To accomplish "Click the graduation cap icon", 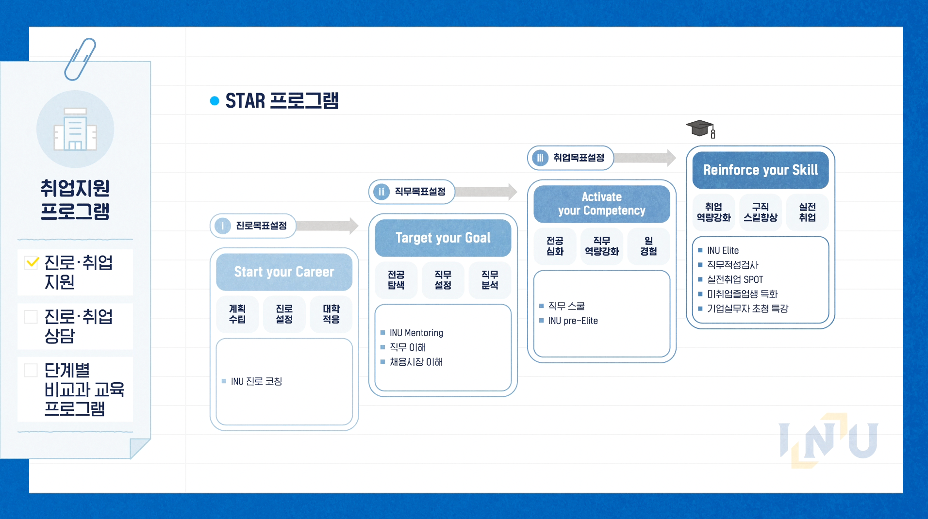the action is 700,129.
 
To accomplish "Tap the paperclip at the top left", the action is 80,59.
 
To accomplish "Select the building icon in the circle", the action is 75,129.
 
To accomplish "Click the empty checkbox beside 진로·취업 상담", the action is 31,317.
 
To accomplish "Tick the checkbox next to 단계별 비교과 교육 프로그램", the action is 31,370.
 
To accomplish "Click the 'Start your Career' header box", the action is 284,272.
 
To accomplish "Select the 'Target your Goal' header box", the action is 443,238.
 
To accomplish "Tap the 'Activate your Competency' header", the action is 601,204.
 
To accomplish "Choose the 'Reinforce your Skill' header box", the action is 760,170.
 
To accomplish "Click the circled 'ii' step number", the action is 381,192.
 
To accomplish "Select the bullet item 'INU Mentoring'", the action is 416,333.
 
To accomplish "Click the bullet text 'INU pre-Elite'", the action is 573,321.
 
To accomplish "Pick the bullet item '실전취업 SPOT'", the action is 735,279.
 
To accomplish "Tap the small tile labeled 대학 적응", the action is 331,314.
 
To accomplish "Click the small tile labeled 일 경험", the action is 648,246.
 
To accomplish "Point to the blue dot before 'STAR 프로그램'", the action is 215,101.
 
